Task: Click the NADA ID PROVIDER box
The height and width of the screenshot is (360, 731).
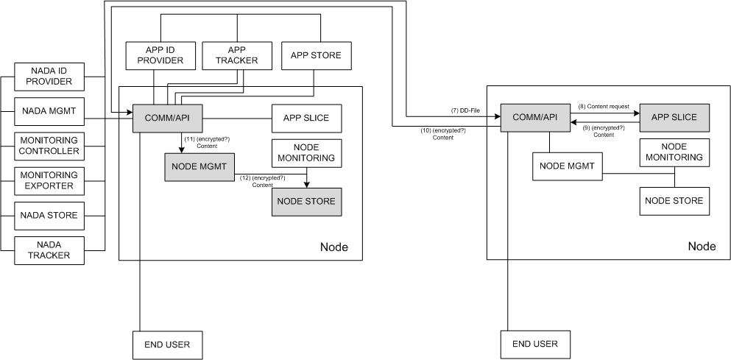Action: coord(49,77)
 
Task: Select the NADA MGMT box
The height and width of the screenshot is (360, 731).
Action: coord(49,111)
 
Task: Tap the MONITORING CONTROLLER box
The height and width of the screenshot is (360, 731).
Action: coord(49,146)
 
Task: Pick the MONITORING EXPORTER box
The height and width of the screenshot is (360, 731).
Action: coord(49,181)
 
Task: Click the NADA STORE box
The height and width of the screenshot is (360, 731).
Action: coord(49,216)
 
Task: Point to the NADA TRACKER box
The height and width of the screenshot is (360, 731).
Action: coord(49,250)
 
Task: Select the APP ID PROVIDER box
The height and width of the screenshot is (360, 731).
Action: coord(160,56)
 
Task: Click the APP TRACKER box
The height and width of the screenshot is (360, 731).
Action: coord(237,56)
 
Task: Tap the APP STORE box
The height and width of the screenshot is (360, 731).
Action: coord(316,56)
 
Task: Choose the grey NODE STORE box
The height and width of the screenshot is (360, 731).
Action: coord(307,202)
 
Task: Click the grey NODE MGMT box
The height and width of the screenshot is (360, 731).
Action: coord(199,167)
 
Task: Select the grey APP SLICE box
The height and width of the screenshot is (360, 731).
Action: coord(674,118)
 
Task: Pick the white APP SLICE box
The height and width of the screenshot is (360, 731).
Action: coord(307,119)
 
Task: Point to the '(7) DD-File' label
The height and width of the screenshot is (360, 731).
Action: coord(465,110)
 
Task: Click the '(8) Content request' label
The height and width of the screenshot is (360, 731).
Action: coord(604,106)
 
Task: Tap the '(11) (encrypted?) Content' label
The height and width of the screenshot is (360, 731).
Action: coord(207,142)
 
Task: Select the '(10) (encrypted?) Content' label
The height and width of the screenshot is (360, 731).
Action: coord(443,134)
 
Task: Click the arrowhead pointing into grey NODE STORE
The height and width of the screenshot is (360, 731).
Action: coord(306,185)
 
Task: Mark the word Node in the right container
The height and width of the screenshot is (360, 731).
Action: coord(702,246)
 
